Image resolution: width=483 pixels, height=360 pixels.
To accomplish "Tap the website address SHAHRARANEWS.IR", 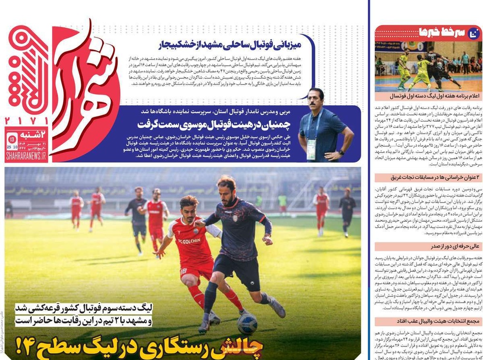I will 26,156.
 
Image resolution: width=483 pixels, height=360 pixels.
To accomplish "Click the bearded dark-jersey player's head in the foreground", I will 225,186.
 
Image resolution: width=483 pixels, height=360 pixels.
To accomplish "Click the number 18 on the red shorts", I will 184,272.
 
